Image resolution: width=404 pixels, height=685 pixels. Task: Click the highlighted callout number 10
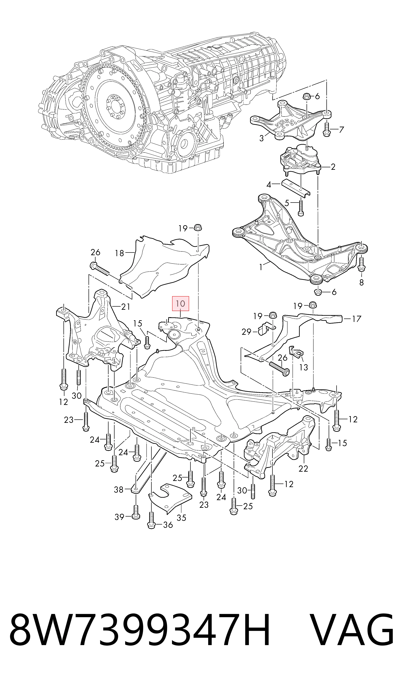pyautogui.click(x=180, y=303)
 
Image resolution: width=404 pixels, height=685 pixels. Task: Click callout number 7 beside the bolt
pyautogui.click(x=341, y=130)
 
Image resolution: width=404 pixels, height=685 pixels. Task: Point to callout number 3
pyautogui.click(x=262, y=138)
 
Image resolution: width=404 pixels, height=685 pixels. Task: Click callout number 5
pyautogui.click(x=287, y=203)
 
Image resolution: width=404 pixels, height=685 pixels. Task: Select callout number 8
pyautogui.click(x=361, y=283)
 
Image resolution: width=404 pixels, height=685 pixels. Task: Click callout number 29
pyautogui.click(x=247, y=332)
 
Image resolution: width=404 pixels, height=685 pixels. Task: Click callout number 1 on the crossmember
pyautogui.click(x=261, y=267)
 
